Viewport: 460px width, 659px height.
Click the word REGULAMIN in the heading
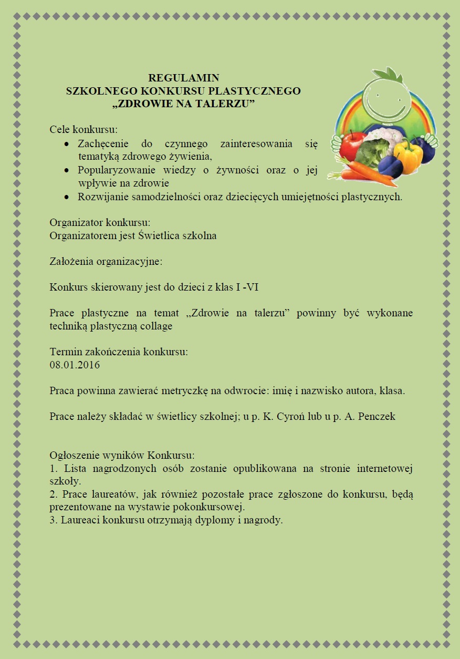[x=183, y=79]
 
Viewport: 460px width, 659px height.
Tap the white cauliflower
[x=385, y=136]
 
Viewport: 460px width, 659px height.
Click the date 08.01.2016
[x=75, y=365]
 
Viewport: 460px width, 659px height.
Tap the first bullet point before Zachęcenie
[x=66, y=144]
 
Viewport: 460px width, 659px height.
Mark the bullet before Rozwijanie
[x=66, y=198]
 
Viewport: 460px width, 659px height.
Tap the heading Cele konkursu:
[x=83, y=129]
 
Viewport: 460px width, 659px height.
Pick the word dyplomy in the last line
[x=212, y=520]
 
